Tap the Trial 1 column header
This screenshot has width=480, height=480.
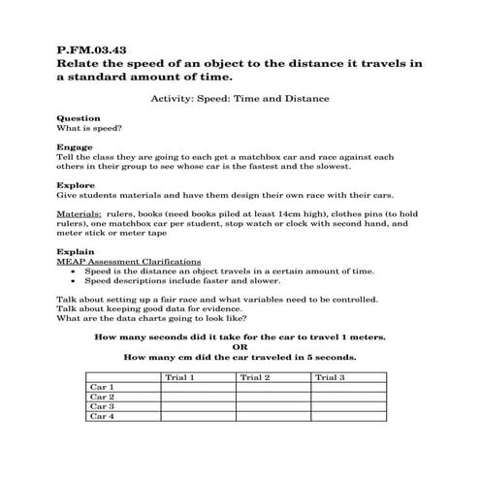[x=180, y=376]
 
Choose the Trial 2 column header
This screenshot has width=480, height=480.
[x=255, y=376]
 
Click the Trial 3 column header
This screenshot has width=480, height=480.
[x=330, y=376]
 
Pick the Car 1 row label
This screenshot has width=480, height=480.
[x=102, y=387]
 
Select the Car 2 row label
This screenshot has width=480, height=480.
[x=102, y=397]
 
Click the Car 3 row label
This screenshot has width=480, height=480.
[x=102, y=406]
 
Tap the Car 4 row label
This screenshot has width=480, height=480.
[x=102, y=417]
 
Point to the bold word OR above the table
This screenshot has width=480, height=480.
[x=240, y=347]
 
